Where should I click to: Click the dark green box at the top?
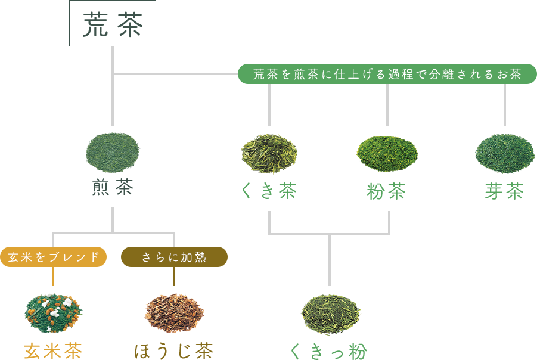click(113, 23)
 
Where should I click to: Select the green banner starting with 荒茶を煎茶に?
click(387, 74)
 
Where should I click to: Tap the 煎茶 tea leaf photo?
click(113, 153)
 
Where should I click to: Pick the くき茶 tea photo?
click(269, 153)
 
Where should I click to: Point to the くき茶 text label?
click(269, 191)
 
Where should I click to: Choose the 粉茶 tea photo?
click(387, 154)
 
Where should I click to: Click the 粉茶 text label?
click(387, 191)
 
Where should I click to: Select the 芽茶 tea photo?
click(504, 153)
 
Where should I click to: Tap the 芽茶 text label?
click(504, 191)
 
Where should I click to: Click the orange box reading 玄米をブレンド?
click(54, 257)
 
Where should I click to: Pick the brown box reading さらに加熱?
click(174, 257)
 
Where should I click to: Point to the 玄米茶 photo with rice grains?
click(54, 312)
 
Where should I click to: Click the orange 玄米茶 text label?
click(54, 350)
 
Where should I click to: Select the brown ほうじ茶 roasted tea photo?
click(174, 312)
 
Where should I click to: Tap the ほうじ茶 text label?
click(174, 350)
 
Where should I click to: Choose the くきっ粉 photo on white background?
click(330, 314)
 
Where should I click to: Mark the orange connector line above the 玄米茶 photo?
click(54, 278)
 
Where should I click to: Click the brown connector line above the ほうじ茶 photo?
click(174, 278)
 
